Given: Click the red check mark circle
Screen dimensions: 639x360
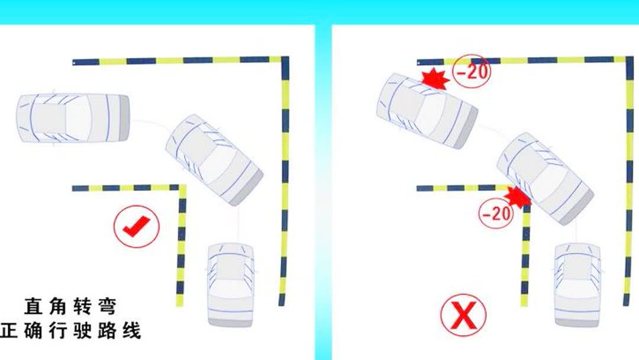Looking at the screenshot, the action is (x=137, y=226).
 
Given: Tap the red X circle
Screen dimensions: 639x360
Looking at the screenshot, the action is (x=463, y=315).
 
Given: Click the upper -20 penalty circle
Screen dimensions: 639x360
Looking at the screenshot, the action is (x=472, y=71).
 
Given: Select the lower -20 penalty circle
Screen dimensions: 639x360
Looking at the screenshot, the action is (x=496, y=213).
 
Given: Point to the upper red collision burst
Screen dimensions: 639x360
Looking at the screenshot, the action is (x=435, y=79).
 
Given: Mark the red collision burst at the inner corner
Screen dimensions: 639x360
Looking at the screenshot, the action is (x=518, y=197).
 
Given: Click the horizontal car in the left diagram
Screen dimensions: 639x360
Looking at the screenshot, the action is (x=73, y=118).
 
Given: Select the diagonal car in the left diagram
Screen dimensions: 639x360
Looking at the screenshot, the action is (x=214, y=159).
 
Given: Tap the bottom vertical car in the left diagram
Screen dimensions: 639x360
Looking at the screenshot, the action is (x=231, y=285).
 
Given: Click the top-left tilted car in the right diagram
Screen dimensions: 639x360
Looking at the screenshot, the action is (x=427, y=111).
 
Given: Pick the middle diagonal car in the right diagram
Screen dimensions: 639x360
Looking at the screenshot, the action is (x=545, y=178).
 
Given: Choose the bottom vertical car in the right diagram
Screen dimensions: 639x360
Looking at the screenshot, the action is (x=577, y=285).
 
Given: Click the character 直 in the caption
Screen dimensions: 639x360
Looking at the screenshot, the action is (x=33, y=307).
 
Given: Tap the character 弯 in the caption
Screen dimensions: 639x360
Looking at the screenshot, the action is (x=107, y=307).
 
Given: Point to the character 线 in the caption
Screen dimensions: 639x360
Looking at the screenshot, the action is (x=131, y=330).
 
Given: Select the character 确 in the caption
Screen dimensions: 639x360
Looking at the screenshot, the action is (x=33, y=330).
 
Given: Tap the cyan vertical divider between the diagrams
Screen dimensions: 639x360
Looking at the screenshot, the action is (x=323, y=192).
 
